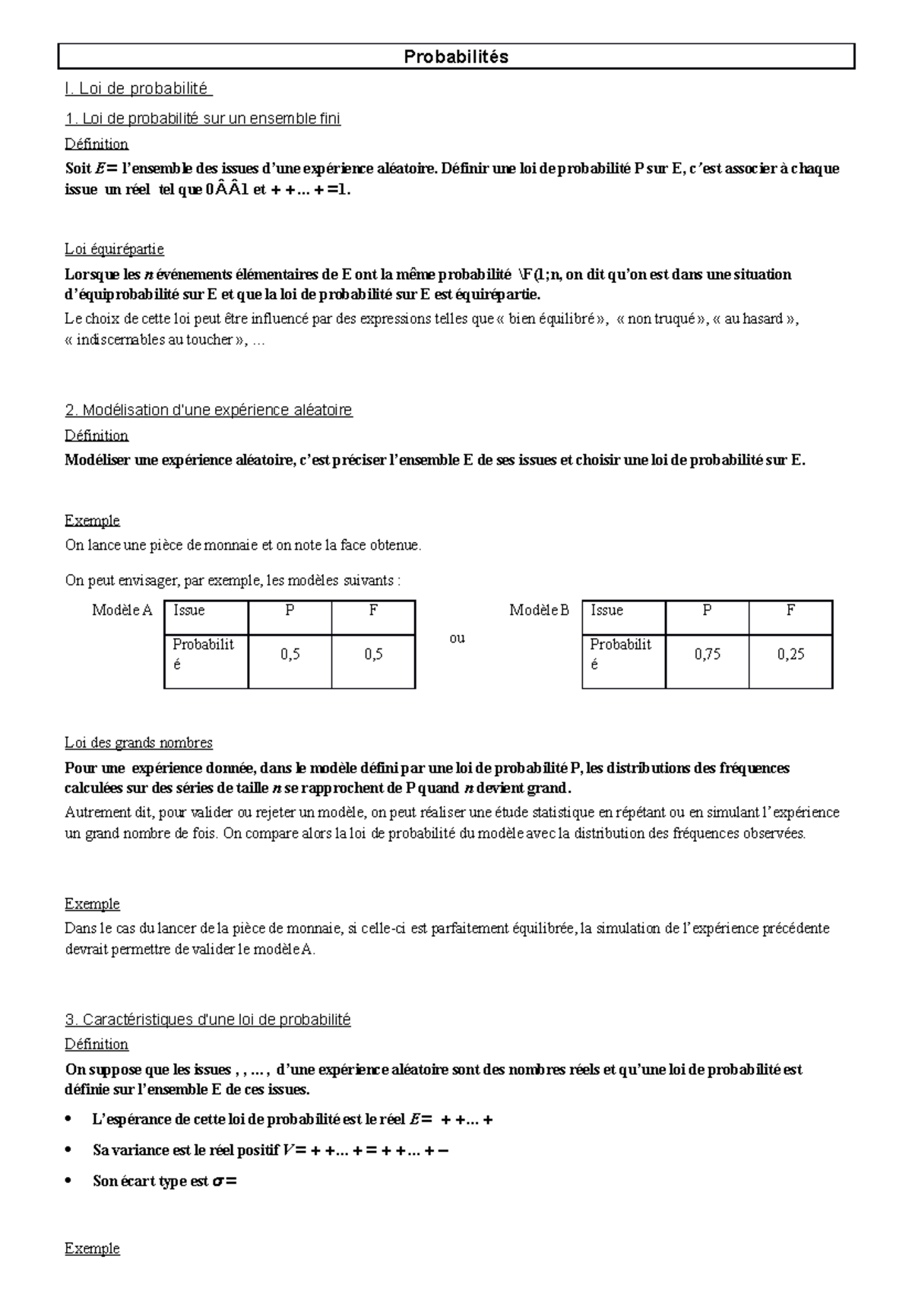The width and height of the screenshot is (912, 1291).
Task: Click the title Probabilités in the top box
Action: click(x=456, y=57)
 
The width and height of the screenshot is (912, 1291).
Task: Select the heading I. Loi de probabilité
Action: click(x=138, y=89)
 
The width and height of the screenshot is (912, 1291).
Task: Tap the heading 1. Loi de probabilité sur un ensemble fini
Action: click(x=202, y=119)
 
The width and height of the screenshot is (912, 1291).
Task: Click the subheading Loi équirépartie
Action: click(x=114, y=249)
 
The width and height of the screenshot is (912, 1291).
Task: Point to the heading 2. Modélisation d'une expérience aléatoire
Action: click(x=208, y=411)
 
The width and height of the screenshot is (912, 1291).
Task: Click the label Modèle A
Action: click(x=122, y=611)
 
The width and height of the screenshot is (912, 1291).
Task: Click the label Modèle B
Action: click(x=539, y=611)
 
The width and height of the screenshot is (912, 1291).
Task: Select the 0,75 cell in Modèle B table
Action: click(x=707, y=655)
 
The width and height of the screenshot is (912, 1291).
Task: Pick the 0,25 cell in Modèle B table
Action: click(x=790, y=655)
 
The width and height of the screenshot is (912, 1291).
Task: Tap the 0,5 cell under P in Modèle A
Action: click(x=290, y=655)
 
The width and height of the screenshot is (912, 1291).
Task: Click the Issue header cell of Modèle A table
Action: click(x=189, y=611)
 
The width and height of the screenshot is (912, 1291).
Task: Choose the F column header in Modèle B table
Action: click(x=790, y=611)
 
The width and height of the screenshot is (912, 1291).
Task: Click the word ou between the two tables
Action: click(x=457, y=639)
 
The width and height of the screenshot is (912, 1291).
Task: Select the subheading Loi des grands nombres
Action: click(x=138, y=743)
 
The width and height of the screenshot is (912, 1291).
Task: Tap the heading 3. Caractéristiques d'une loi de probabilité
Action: click(x=207, y=1020)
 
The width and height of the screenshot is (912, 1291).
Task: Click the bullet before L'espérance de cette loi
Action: click(x=70, y=1120)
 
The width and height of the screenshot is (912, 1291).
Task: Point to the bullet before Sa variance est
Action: click(x=70, y=1151)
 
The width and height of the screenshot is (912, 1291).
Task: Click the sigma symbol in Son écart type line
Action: click(x=217, y=1182)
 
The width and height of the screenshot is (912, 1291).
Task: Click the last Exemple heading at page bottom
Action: click(x=92, y=1248)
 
